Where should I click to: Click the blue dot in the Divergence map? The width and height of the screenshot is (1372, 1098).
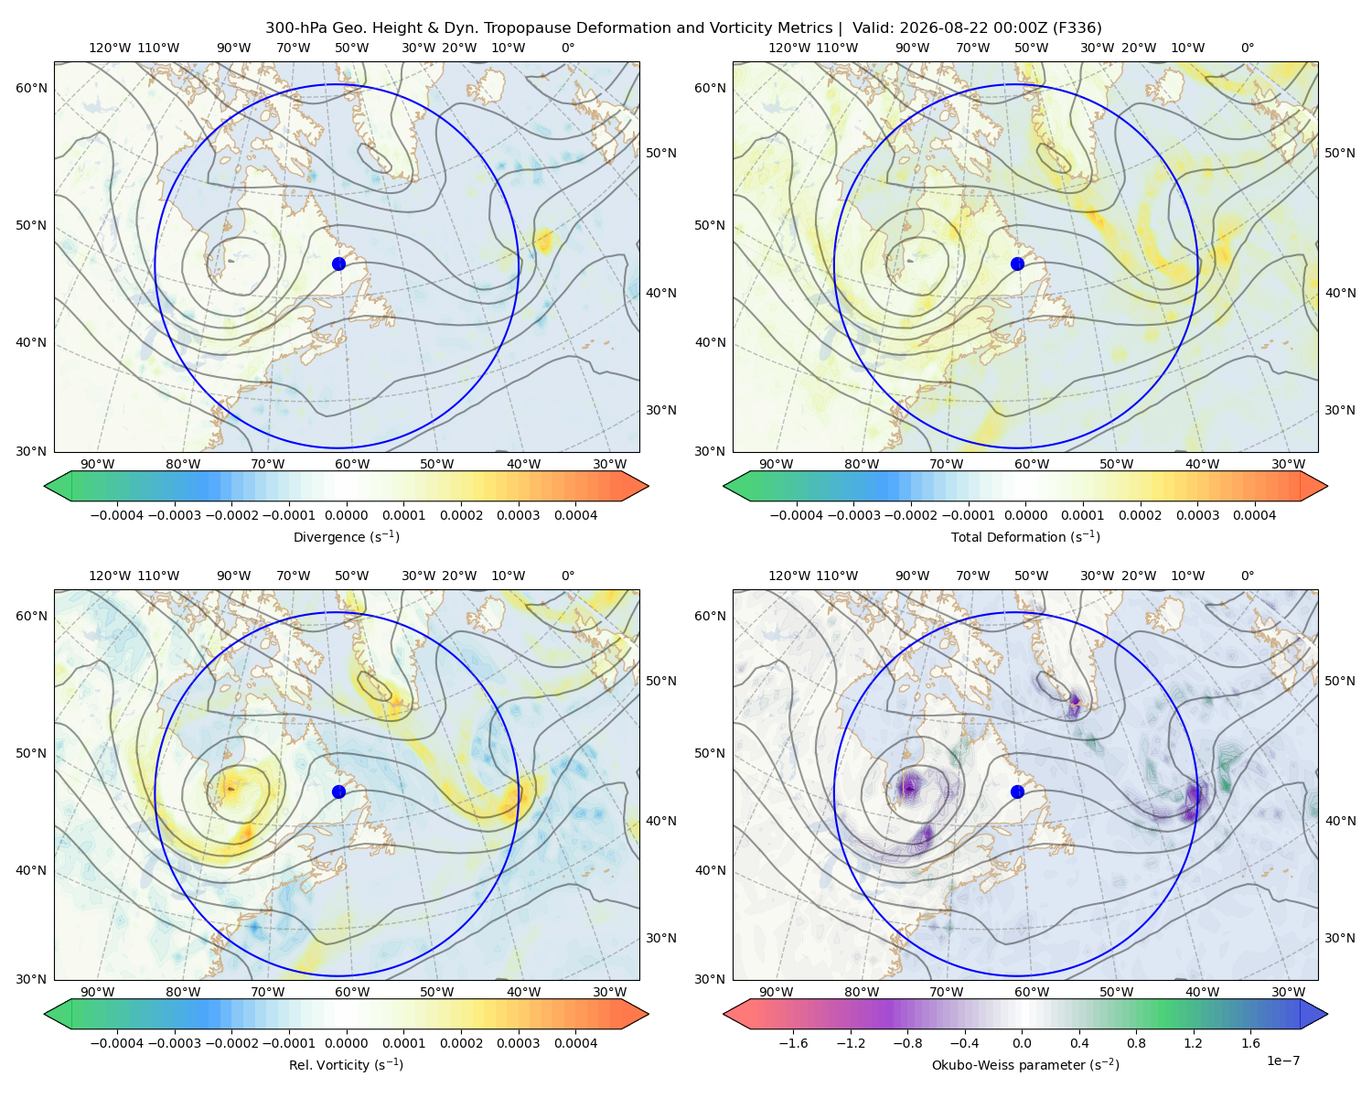point(338,264)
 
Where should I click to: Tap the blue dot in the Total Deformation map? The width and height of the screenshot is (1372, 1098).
point(1017,264)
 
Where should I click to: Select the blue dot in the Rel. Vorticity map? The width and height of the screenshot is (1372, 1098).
point(338,791)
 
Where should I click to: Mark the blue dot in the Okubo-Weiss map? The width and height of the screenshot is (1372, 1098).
point(1017,791)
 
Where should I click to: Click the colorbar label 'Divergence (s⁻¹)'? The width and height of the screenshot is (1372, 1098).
point(346,537)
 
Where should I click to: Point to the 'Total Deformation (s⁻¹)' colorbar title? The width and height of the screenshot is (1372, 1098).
point(1025,537)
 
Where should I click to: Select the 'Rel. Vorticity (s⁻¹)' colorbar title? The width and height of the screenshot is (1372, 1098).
point(346,1065)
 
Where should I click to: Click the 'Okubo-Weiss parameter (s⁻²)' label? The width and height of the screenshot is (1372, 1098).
point(1025,1065)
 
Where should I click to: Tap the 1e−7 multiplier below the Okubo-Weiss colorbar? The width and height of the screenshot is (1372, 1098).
point(1282,1061)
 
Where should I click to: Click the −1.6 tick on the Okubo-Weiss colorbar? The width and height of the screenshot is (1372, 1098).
point(794,1043)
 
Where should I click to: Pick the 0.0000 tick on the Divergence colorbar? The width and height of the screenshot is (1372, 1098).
point(346,515)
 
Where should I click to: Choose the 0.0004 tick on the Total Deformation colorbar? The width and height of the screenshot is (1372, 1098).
point(1254,515)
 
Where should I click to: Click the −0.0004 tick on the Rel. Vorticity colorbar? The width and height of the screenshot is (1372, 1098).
point(117,1043)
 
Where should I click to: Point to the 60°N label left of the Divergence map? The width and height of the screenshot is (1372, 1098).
point(31,88)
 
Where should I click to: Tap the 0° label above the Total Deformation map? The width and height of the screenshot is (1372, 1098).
point(1248,48)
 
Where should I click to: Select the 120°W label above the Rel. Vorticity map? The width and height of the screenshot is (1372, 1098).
point(110,576)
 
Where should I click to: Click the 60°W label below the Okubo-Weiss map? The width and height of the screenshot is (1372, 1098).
point(1032,992)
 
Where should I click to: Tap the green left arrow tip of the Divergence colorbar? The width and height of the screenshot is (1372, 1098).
point(45,486)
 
